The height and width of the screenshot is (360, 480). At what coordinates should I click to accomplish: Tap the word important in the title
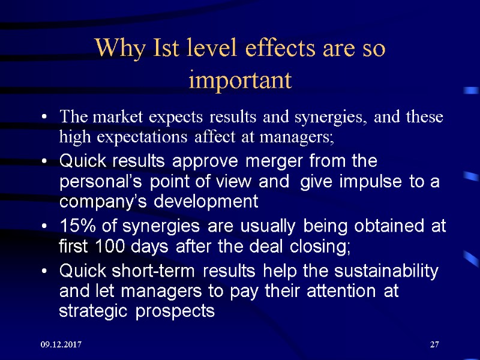240,80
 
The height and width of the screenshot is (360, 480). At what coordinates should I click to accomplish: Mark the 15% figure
74,226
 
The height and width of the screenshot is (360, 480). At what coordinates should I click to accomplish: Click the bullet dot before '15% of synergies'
47,227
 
